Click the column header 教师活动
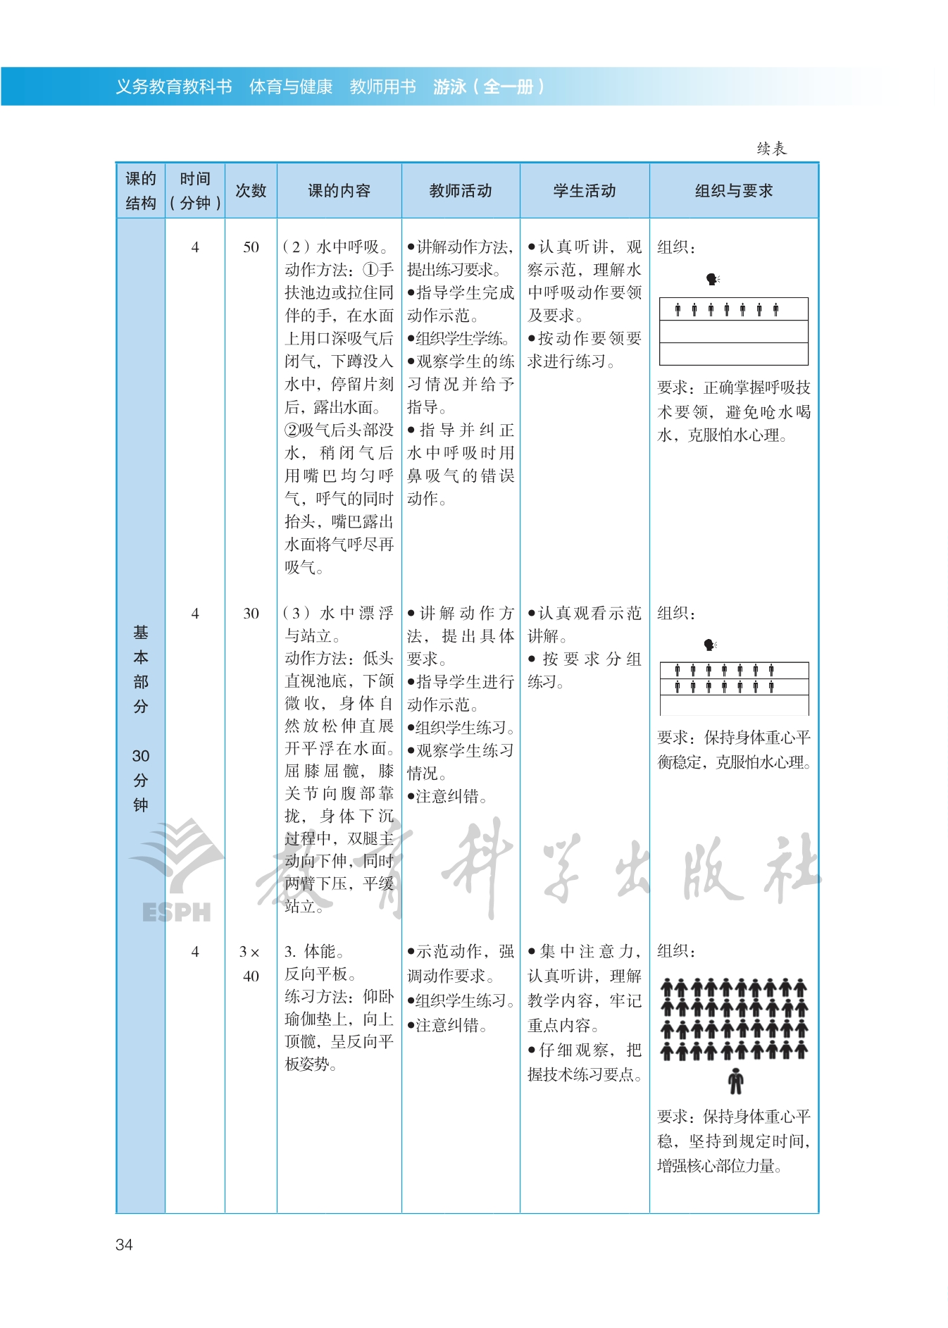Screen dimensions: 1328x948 461,191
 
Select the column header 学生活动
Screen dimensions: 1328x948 584,191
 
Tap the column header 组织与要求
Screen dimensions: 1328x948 733,191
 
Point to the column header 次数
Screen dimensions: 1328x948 251,191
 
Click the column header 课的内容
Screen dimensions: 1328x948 339,191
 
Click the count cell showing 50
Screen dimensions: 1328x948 251,247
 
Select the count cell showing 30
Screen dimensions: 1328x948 251,614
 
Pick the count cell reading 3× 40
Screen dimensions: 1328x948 250,964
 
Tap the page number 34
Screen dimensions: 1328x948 124,1245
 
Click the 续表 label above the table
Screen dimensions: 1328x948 771,149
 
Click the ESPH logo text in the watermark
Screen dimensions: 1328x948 176,912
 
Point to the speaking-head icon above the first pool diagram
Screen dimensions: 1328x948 712,280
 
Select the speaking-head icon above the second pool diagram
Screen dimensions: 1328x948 710,645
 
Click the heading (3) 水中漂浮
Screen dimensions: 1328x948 338,614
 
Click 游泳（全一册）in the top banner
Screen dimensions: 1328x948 488,87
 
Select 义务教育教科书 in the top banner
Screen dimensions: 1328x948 174,87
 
